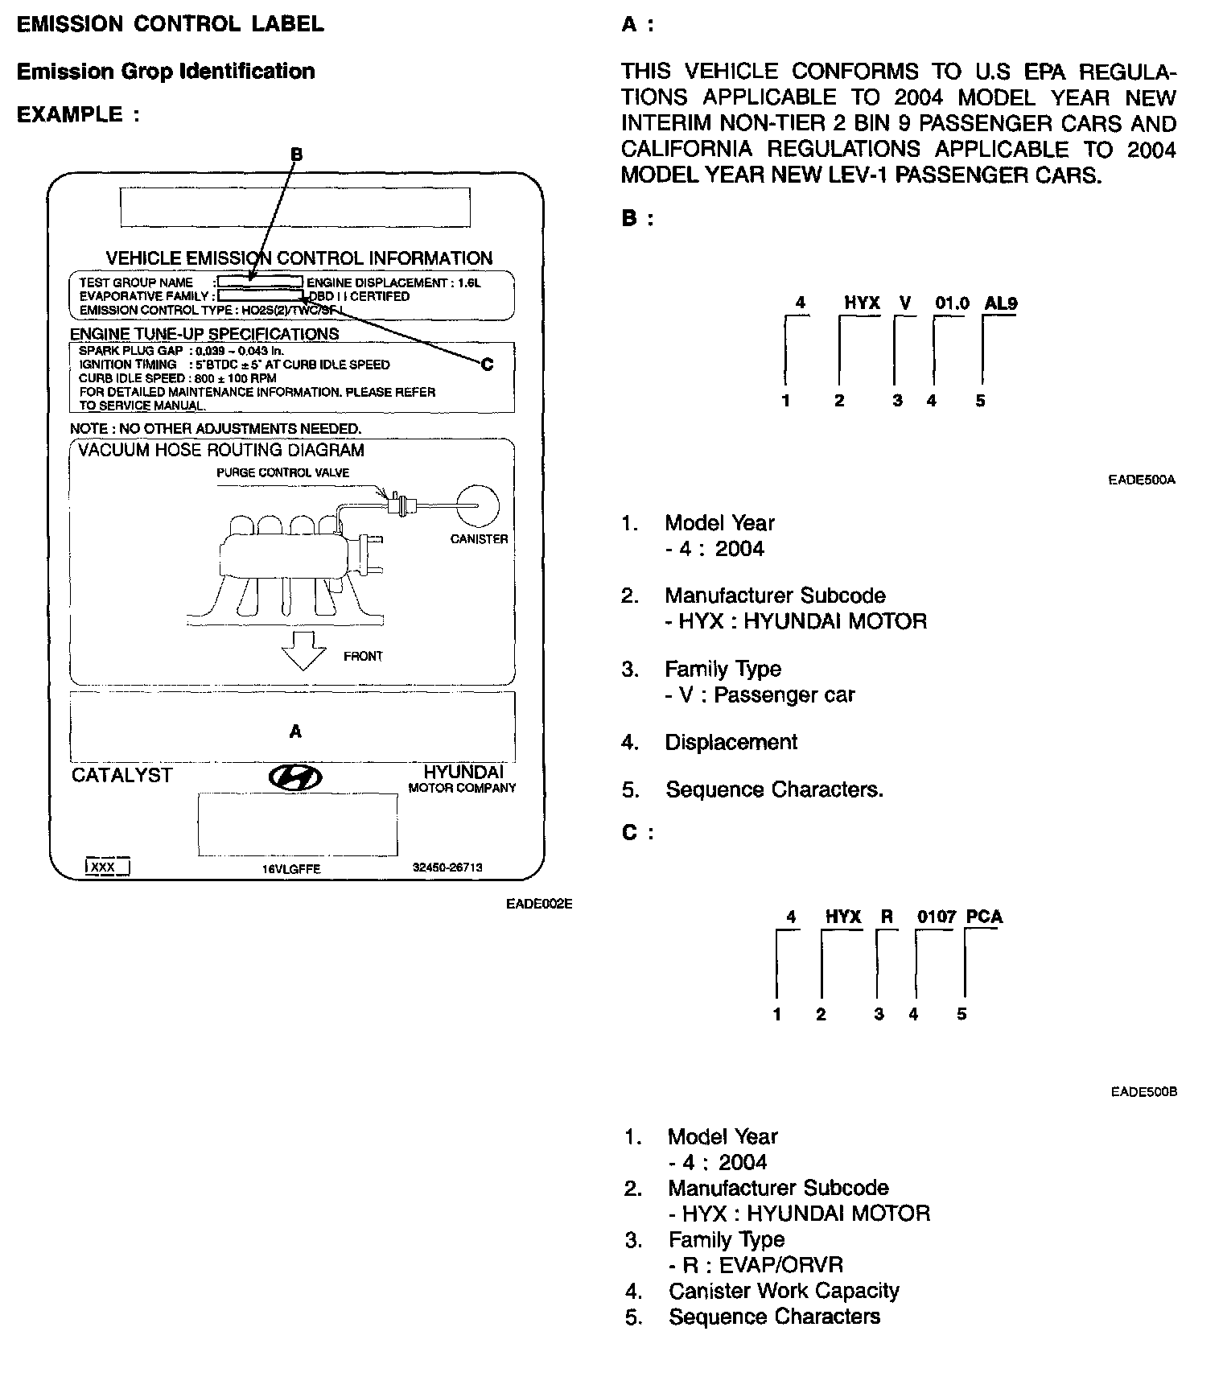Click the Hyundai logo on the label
coord(295,777)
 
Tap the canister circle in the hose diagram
coord(477,505)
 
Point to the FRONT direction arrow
coord(303,650)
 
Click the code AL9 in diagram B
coord(1000,303)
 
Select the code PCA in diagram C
coord(984,917)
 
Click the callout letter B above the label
coord(296,154)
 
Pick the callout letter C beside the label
coord(487,365)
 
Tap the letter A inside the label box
coord(295,732)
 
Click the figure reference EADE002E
coord(539,904)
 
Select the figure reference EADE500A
coord(1142,480)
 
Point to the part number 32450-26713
coord(447,868)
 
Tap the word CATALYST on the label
coord(121,775)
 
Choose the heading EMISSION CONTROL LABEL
coord(171,24)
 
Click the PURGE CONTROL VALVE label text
coord(282,472)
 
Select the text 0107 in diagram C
coord(937,917)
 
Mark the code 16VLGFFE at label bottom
coord(291,869)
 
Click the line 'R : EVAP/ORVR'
coord(756,1265)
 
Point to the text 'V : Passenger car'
coord(760,694)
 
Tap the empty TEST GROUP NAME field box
coord(260,282)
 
